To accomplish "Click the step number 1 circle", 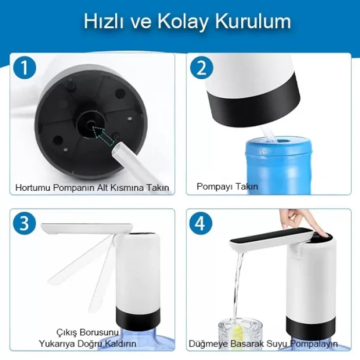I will click(24, 68).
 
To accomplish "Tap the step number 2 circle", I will click(201, 68).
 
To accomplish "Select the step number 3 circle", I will click(24, 224).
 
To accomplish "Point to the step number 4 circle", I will click(201, 224).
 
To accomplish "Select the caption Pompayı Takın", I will click(227, 187).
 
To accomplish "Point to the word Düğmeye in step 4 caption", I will click(207, 343).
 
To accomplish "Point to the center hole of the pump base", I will click(92, 123).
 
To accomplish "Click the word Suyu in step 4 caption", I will click(278, 343).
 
